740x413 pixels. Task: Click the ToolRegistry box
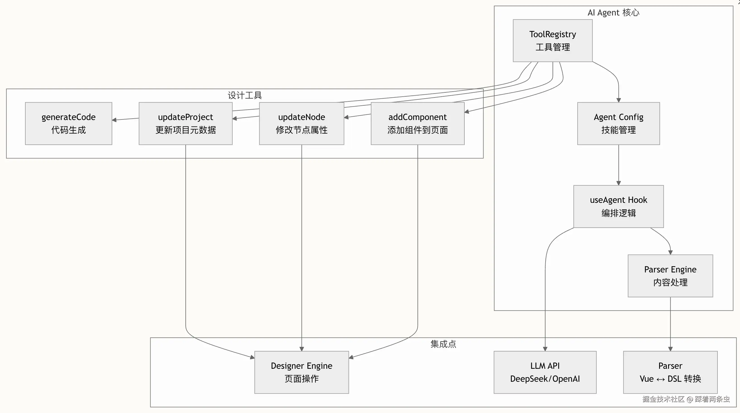pos(552,41)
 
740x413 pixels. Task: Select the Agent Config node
pos(618,123)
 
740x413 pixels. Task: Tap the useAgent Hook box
pos(618,206)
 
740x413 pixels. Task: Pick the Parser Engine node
pos(670,276)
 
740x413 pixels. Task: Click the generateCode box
pos(68,123)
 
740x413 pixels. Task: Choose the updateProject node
pos(185,123)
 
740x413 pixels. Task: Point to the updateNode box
pos(301,123)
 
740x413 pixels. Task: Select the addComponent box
pos(417,123)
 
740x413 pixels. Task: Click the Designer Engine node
pos(301,372)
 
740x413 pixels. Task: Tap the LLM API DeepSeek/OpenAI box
pos(545,372)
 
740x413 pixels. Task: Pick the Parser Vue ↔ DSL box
pos(670,372)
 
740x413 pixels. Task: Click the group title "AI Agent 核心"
pos(613,13)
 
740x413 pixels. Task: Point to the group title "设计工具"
pos(245,95)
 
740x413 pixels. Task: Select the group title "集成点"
pos(443,344)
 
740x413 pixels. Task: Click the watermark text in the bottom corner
pos(686,399)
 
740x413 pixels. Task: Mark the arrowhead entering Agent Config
pos(619,100)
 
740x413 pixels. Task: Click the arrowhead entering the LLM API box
pos(545,349)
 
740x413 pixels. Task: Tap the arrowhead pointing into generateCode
pos(114,120)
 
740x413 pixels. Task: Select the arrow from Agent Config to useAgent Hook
pos(619,165)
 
